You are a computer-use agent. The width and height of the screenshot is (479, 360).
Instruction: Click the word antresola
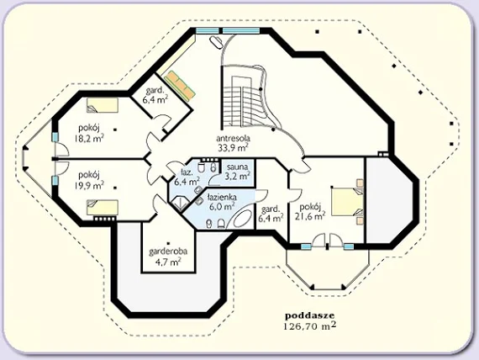[233, 138]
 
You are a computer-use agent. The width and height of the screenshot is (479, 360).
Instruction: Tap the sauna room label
[237, 167]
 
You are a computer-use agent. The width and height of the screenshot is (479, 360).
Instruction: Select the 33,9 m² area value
[233, 148]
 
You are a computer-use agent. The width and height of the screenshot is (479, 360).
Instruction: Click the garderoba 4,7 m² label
[168, 257]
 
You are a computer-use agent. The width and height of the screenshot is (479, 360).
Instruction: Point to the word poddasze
[310, 315]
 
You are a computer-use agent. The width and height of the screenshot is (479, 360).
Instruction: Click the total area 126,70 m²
[310, 326]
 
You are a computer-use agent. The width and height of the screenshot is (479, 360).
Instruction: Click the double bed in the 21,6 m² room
[348, 202]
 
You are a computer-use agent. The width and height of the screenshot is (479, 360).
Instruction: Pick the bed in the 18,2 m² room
[102, 105]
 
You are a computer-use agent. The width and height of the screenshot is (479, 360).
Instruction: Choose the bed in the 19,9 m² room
[102, 208]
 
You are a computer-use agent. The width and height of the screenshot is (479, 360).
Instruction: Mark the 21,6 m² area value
[310, 216]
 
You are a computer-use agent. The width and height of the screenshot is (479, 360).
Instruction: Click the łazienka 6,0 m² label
[222, 202]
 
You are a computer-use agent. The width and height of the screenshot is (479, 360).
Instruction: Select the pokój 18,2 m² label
[89, 133]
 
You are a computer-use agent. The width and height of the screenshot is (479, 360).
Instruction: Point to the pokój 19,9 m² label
[89, 180]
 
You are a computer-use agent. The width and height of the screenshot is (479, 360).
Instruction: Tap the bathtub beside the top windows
[216, 42]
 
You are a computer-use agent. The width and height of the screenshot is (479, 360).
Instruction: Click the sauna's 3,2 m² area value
[238, 176]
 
